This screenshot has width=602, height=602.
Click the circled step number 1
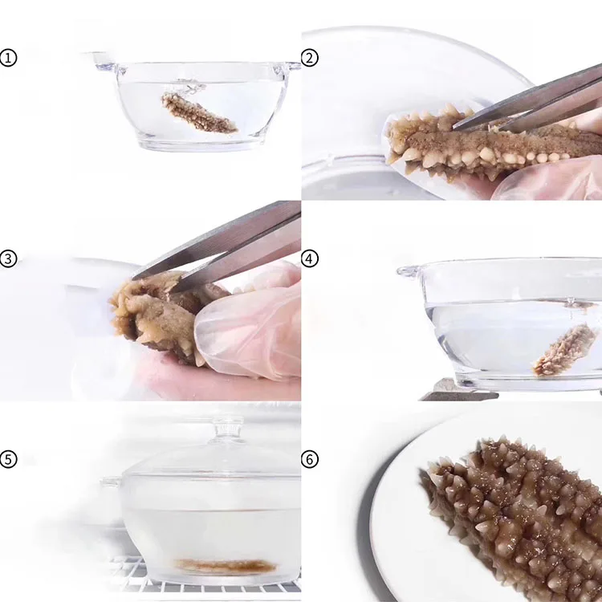pos(8,59)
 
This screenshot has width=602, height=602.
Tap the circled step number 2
pos(310,59)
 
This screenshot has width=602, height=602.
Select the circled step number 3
pos(8,258)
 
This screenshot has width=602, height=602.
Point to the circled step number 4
pos(310,258)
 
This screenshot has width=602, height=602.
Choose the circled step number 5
pos(8,459)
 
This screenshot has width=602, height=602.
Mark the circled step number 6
pos(310,459)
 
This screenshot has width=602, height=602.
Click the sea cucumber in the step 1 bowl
pos(198,112)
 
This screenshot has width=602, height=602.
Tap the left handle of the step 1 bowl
pos(103,61)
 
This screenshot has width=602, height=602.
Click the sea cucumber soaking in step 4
pos(566,350)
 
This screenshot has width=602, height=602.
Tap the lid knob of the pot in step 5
pos(228,426)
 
